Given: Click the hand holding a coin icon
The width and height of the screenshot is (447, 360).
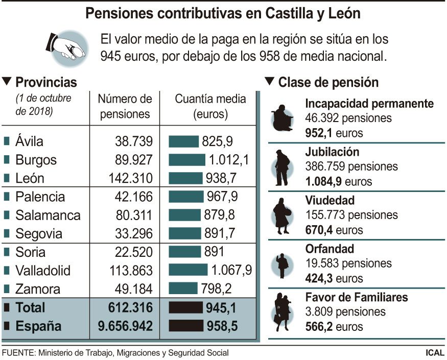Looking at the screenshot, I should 66,48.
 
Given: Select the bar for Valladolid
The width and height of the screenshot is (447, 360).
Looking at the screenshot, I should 188,270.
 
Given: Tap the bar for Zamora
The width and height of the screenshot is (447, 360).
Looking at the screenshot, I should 183,289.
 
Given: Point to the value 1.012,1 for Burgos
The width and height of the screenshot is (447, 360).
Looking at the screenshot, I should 228,160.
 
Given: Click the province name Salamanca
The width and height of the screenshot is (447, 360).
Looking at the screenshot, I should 48,215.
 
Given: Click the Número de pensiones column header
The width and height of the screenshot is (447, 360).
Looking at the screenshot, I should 125,106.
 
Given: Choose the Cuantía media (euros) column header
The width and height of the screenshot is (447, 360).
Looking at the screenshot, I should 210,106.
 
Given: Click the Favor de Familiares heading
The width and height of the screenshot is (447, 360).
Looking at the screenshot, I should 363,297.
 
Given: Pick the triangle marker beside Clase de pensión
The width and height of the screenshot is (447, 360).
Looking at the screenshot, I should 270,82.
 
